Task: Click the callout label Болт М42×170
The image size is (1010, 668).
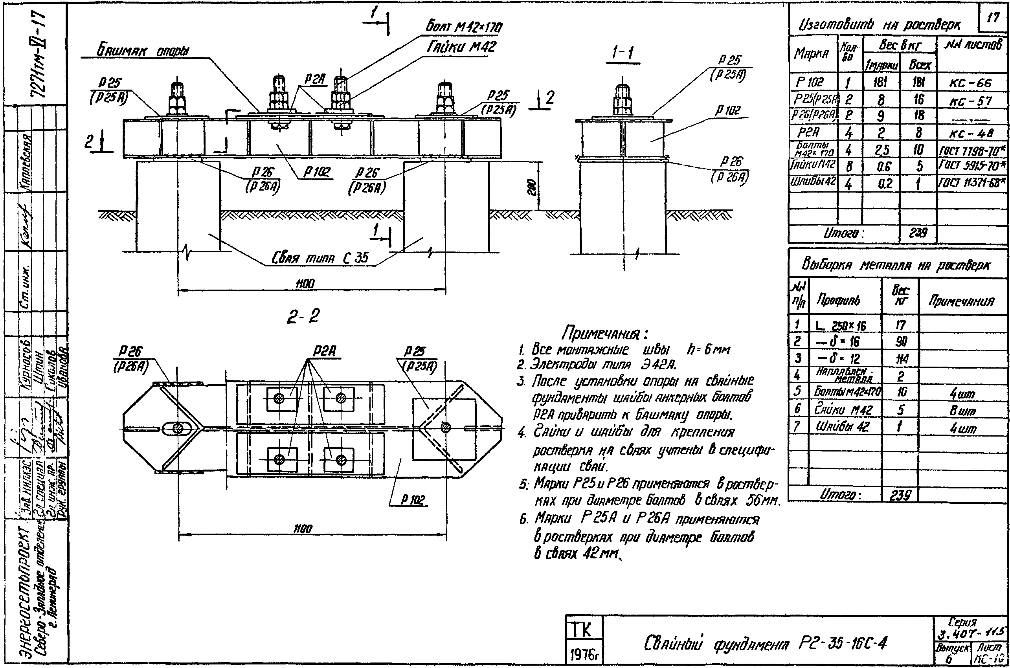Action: pyautogui.click(x=464, y=27)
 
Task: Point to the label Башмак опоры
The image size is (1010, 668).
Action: pyautogui.click(x=143, y=51)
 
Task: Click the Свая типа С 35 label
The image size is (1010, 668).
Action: pyautogui.click(x=320, y=258)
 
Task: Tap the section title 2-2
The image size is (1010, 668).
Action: pyautogui.click(x=303, y=316)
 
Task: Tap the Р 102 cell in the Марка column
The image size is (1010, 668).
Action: pyautogui.click(x=810, y=82)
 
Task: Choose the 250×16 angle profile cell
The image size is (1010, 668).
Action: pyautogui.click(x=842, y=326)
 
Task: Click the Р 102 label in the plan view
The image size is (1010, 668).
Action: pyautogui.click(x=412, y=500)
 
